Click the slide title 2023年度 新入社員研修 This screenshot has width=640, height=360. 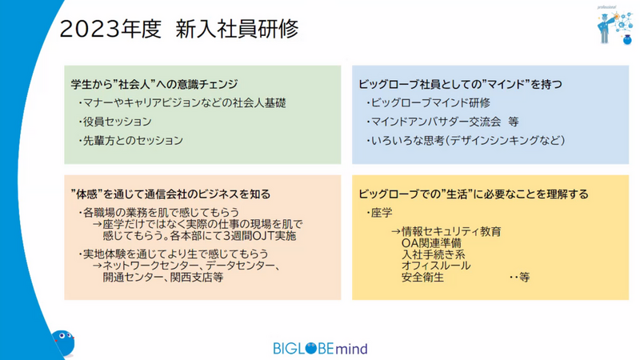[178, 29]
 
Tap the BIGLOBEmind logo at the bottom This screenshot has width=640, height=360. [321, 348]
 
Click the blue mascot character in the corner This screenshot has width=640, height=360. [63, 343]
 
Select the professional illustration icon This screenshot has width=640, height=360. [614, 26]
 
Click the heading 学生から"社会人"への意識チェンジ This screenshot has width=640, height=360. [154, 84]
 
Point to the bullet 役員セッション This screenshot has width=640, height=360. [115, 122]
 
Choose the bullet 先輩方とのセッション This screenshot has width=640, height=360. [130, 141]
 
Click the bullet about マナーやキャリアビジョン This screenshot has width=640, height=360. [182, 103]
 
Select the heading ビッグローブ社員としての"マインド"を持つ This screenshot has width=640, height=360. [461, 84]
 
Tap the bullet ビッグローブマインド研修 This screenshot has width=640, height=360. [428, 103]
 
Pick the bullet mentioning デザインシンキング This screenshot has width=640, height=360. [466, 141]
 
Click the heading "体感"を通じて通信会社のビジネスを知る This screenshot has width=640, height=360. [170, 194]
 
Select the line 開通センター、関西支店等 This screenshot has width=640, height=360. [163, 278]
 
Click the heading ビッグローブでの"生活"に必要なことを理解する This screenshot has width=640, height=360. [474, 194]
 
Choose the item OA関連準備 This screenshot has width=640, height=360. [431, 243]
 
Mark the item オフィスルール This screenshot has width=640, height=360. [436, 266]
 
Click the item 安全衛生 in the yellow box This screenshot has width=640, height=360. [422, 278]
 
